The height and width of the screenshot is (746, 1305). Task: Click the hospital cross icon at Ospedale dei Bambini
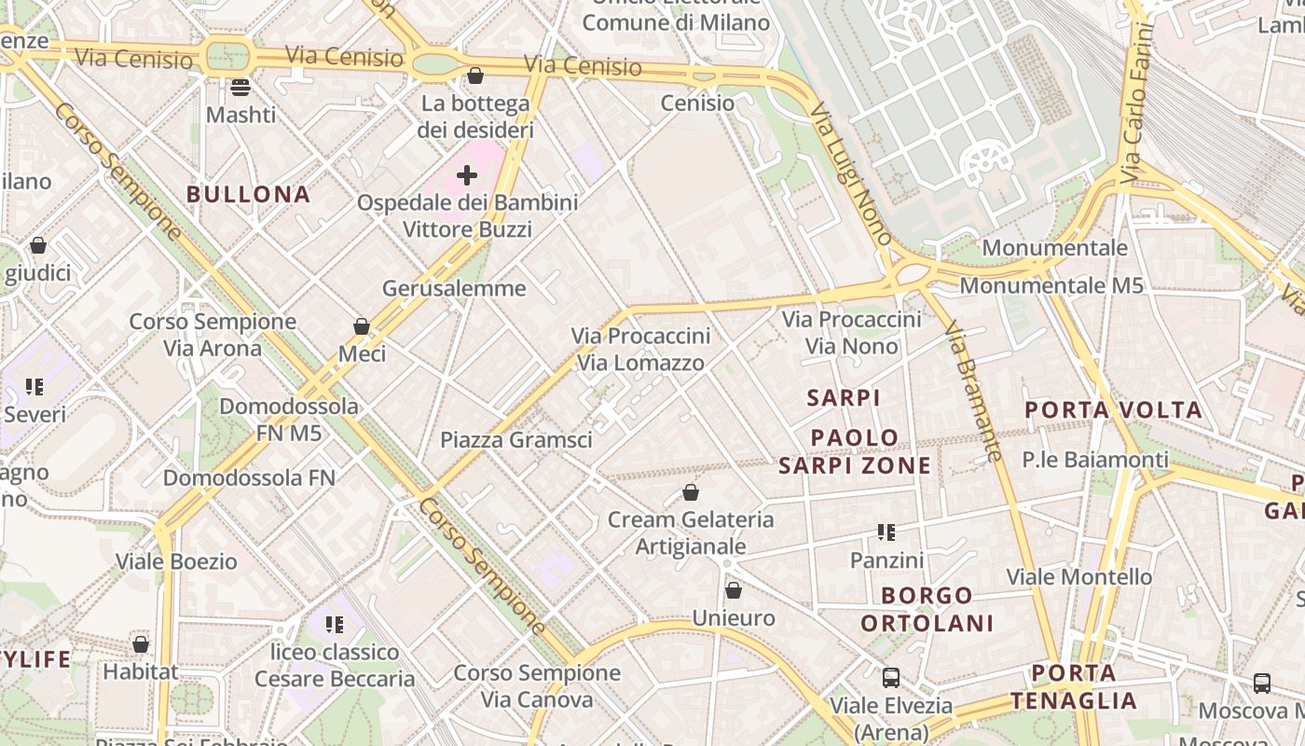pyautogui.click(x=467, y=174)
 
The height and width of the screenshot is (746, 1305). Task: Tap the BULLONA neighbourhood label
pyautogui.click(x=248, y=194)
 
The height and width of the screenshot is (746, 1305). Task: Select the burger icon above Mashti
pyautogui.click(x=240, y=88)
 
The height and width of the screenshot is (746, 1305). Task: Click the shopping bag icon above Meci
pyautogui.click(x=362, y=326)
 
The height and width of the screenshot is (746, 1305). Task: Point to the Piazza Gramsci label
pyautogui.click(x=515, y=439)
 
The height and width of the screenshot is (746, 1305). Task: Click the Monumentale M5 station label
pyautogui.click(x=1051, y=285)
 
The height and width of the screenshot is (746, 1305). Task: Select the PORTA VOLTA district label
pyautogui.click(x=1113, y=409)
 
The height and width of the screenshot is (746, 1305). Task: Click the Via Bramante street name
pyautogui.click(x=973, y=391)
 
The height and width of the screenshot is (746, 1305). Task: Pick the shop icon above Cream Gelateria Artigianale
pyautogui.click(x=691, y=491)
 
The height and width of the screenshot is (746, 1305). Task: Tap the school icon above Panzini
pyautogui.click(x=886, y=532)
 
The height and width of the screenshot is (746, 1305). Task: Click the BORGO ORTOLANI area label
pyautogui.click(x=927, y=609)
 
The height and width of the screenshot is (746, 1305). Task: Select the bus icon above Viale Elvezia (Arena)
pyautogui.click(x=891, y=678)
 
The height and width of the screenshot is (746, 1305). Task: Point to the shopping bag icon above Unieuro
pyautogui.click(x=734, y=590)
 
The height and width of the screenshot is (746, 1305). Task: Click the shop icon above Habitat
pyautogui.click(x=141, y=644)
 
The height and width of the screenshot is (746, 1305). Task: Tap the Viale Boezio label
pyautogui.click(x=176, y=561)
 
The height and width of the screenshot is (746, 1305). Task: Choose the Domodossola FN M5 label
pyautogui.click(x=289, y=420)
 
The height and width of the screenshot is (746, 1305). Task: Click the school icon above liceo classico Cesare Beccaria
pyautogui.click(x=334, y=624)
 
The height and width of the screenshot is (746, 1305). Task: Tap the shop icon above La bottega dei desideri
pyautogui.click(x=475, y=76)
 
